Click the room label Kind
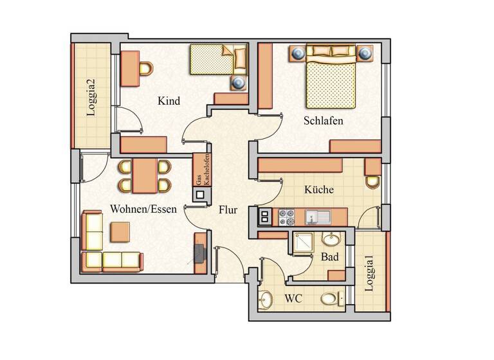pyautogui.click(x=169, y=101)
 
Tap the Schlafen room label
pyautogui.click(x=324, y=120)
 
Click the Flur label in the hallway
pyautogui.click(x=228, y=210)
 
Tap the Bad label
pyautogui.click(x=330, y=256)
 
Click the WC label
pyautogui.click(x=293, y=300)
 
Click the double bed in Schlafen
pyautogui.click(x=331, y=78)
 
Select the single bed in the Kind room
pyautogui.click(x=217, y=60)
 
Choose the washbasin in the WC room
pyautogui.click(x=267, y=299)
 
